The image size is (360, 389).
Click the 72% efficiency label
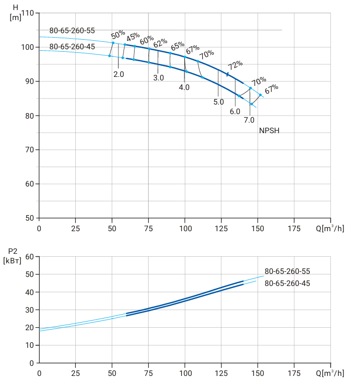click(x=235, y=65)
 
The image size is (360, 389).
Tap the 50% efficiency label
click(x=118, y=35)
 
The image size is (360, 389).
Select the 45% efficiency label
click(x=133, y=37)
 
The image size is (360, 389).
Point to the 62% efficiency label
click(x=160, y=43)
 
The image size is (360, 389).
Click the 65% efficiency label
click(x=178, y=46)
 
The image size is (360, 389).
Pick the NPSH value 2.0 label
click(x=118, y=74)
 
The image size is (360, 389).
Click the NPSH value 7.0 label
click(x=249, y=120)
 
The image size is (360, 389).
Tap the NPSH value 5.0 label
click(x=218, y=102)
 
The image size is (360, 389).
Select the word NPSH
click(x=269, y=131)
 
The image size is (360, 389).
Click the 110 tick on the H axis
click(x=28, y=13)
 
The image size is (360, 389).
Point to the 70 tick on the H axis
click(x=30, y=150)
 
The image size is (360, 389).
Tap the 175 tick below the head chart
click(x=294, y=229)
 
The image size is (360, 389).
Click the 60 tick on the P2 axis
click(x=30, y=256)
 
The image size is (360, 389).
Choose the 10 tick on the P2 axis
click(x=30, y=345)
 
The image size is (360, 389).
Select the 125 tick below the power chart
click(x=221, y=373)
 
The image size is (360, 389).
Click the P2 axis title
click(x=13, y=256)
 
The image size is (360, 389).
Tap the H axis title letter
click(x=16, y=8)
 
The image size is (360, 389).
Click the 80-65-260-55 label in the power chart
click(x=287, y=271)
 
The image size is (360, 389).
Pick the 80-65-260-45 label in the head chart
click(x=72, y=47)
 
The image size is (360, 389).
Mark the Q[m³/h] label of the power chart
click(x=330, y=373)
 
